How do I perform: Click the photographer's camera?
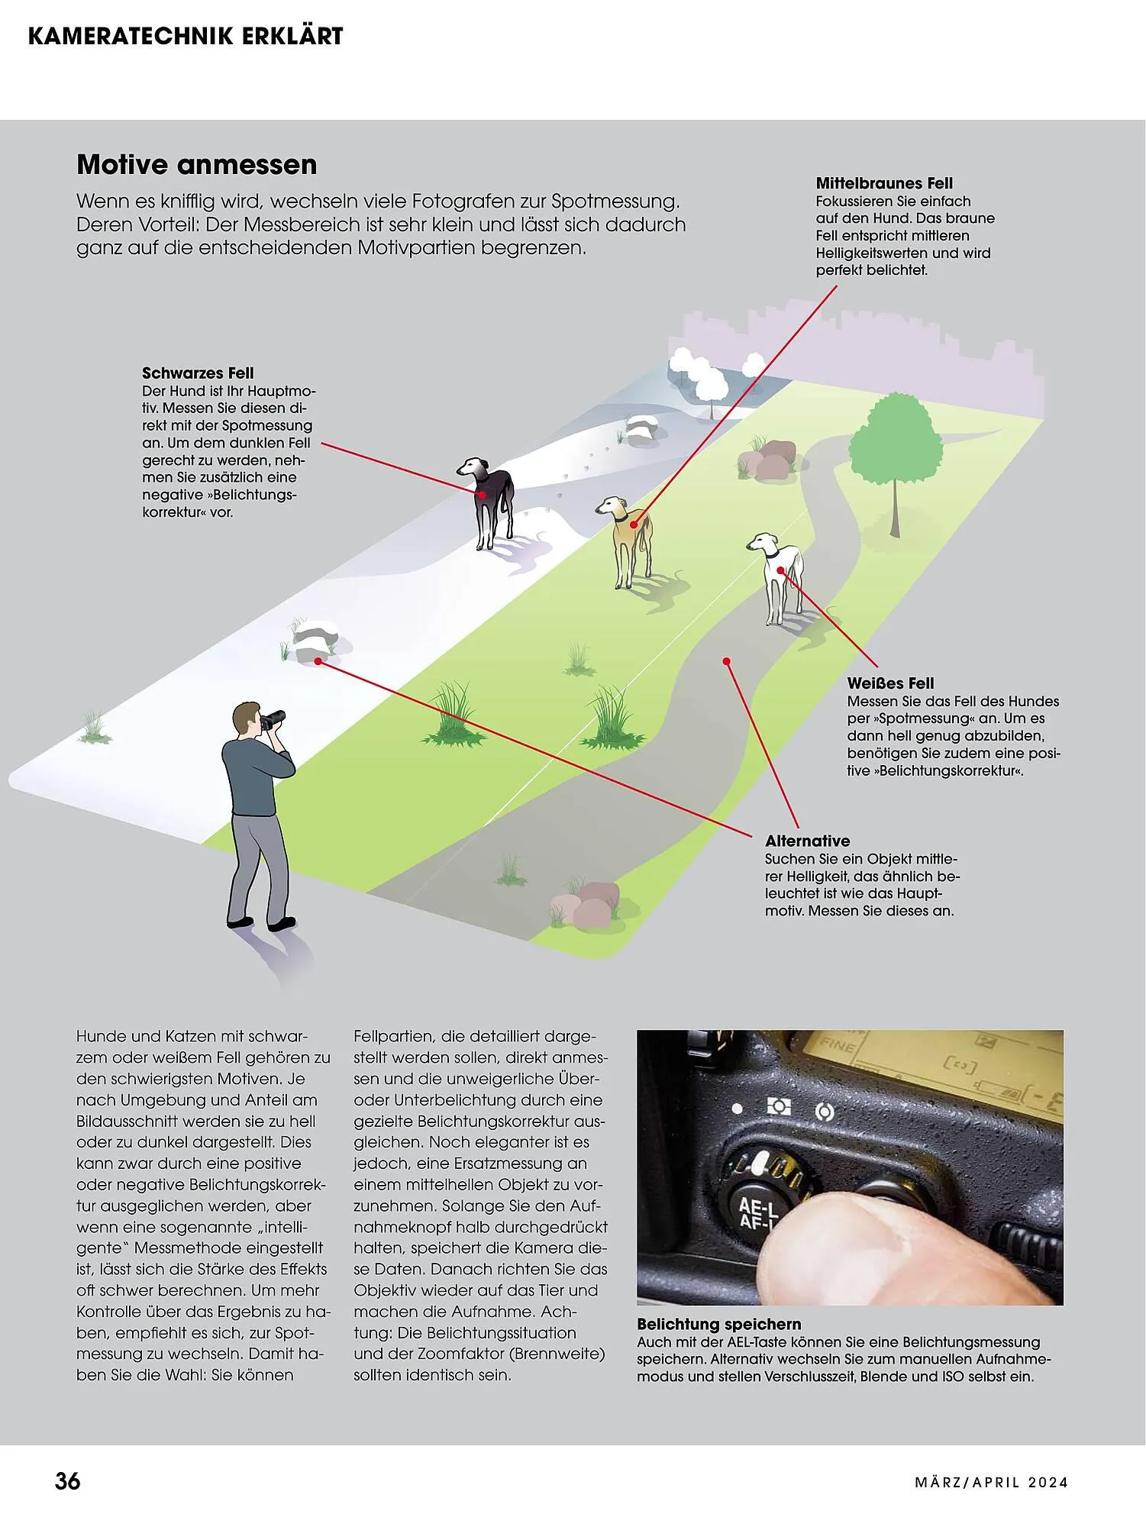[x=274, y=718]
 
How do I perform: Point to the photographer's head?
[x=246, y=719]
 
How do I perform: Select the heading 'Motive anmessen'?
[x=197, y=165]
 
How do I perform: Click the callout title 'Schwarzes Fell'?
[x=198, y=373]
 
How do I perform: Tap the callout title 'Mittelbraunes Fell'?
[x=884, y=183]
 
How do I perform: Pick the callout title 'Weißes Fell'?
[x=890, y=683]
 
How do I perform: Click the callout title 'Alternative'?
[x=807, y=841]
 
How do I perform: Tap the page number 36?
[x=67, y=1481]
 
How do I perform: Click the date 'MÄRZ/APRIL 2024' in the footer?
[x=991, y=1483]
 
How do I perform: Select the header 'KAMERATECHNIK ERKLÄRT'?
[x=186, y=36]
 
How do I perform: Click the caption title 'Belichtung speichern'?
[x=718, y=1325]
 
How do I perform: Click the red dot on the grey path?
[x=727, y=660]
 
